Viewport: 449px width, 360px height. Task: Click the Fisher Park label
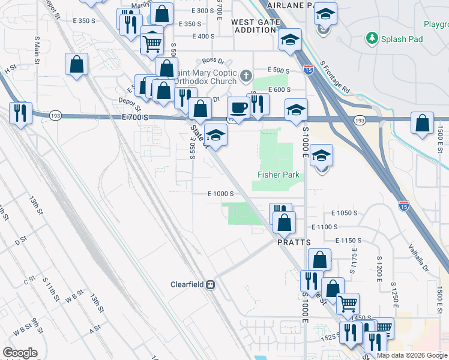click(x=278, y=175)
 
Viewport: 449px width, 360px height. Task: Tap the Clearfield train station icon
click(x=211, y=284)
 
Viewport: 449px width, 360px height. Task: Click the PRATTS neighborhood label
click(x=294, y=242)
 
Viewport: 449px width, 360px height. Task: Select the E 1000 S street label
click(x=220, y=194)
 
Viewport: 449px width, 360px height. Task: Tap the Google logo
click(x=20, y=352)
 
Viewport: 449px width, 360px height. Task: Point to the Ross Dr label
click(x=212, y=61)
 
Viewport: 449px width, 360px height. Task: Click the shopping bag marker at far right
click(x=423, y=123)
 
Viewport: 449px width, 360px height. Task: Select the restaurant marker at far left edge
click(x=20, y=112)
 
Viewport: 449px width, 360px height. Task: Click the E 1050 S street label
click(x=344, y=213)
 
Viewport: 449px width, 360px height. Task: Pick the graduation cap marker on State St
click(x=216, y=134)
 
